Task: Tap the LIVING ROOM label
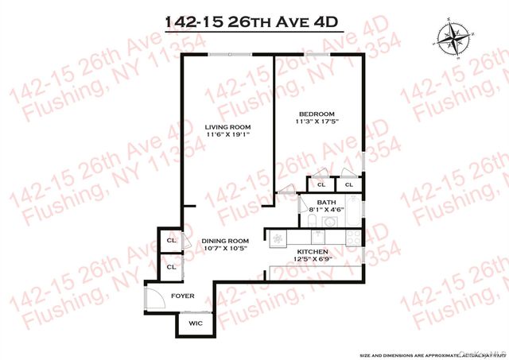227,127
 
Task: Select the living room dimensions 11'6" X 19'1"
227,135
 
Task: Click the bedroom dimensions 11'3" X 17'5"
317,122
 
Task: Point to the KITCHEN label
318,250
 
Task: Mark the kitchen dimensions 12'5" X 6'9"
318,258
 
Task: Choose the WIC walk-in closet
196,323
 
